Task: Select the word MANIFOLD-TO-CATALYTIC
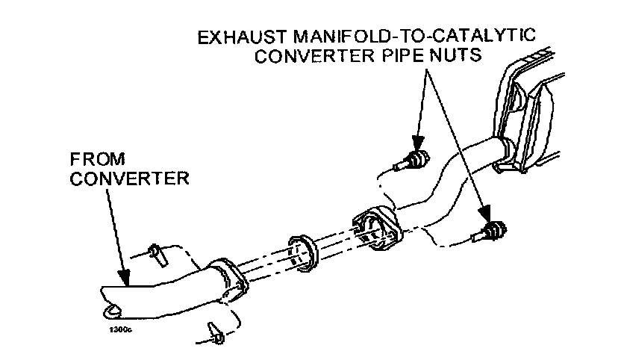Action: pos(414,37)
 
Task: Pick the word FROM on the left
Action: pos(98,159)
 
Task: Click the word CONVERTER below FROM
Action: pos(130,179)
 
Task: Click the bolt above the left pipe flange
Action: pos(155,253)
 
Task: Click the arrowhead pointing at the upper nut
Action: pos(417,144)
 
